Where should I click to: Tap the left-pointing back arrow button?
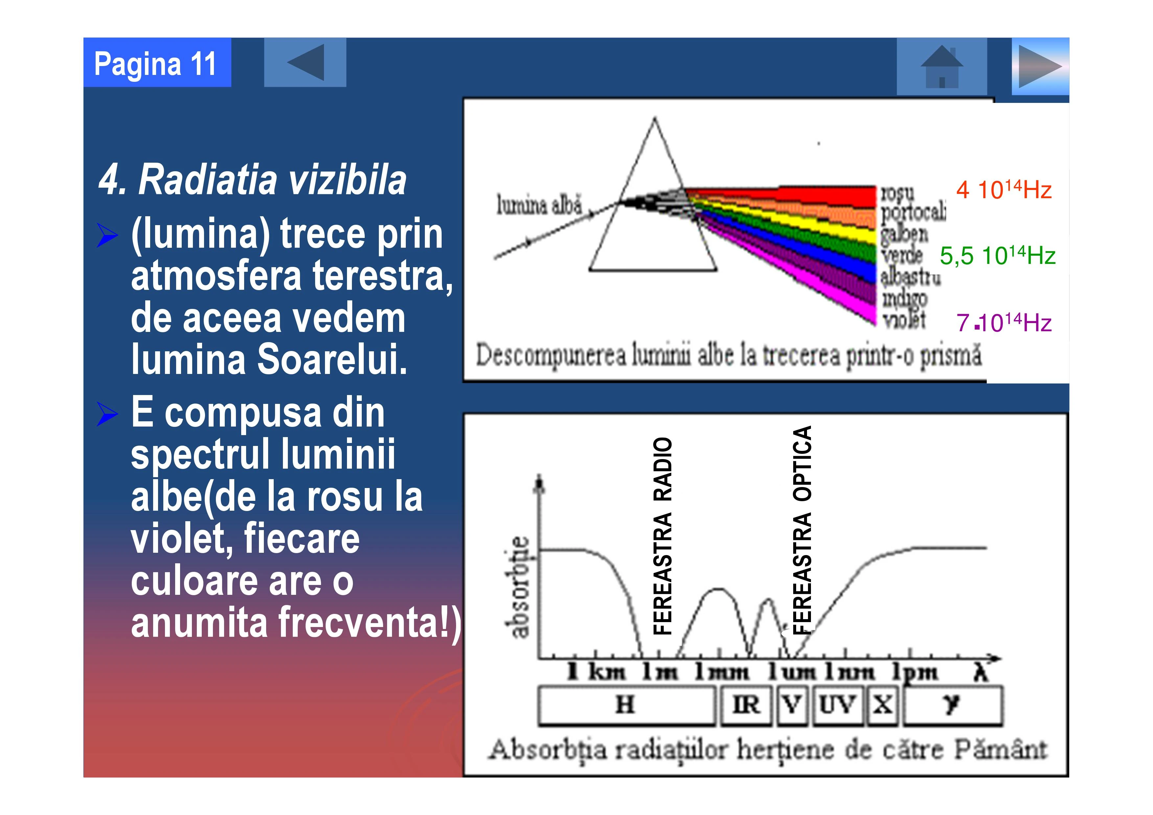tap(305, 62)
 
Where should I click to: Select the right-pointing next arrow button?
tap(1040, 66)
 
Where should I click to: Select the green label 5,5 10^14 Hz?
tap(997, 256)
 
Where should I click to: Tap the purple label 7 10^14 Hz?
tap(1003, 322)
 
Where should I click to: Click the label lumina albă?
tap(539, 205)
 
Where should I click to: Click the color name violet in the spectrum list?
tap(904, 319)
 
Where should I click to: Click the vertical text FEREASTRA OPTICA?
tap(802, 530)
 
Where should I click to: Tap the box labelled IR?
tap(746, 706)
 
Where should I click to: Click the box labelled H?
tap(626, 706)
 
